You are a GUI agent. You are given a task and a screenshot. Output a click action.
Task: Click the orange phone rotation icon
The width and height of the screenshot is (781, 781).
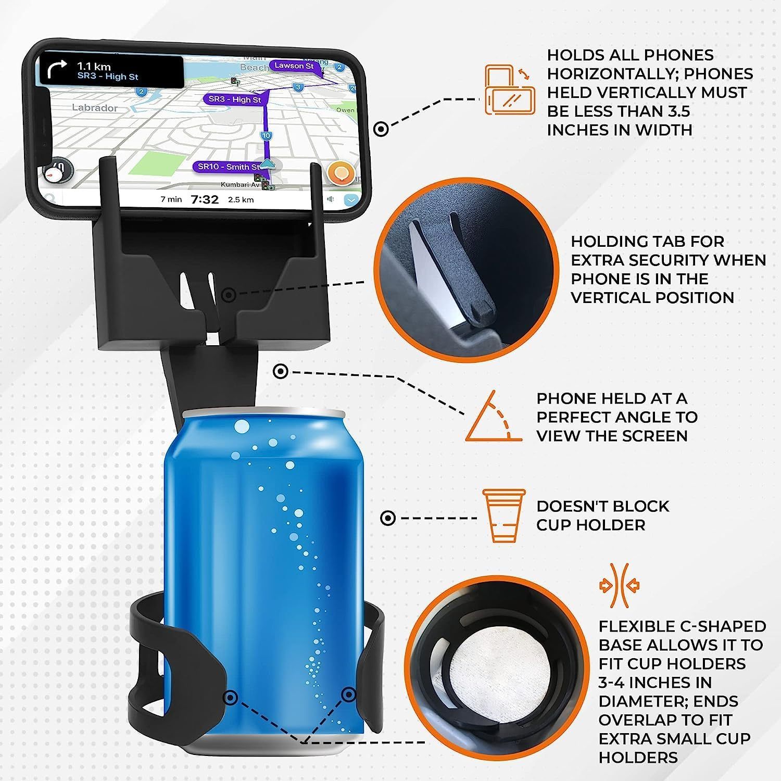coord(510,90)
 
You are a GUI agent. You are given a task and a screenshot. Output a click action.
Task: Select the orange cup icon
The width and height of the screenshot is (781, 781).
coord(503,515)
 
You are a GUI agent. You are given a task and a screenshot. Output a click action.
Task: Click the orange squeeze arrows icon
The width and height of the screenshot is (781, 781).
coord(620,585)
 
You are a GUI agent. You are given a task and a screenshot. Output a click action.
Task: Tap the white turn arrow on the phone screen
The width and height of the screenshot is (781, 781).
coord(57,69)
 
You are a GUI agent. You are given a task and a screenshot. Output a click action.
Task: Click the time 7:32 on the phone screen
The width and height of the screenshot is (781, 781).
coord(205,199)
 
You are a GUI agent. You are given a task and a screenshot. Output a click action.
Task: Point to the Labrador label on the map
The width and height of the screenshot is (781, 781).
coord(95,108)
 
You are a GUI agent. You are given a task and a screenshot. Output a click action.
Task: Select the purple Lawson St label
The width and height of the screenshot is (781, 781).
coord(294,66)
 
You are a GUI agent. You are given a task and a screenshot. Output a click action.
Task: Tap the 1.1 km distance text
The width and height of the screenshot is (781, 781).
coord(94,66)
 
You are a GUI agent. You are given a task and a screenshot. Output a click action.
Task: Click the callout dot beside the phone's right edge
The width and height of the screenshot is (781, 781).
coord(381,129)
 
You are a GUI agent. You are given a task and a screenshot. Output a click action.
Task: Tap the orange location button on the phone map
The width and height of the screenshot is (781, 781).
coord(341,173)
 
